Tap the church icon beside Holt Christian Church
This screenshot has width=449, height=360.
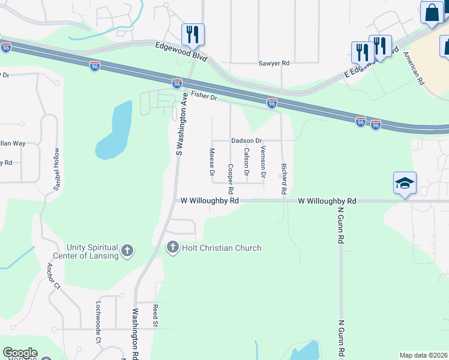[x=173, y=247]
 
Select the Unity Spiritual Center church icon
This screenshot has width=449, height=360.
[x=127, y=251]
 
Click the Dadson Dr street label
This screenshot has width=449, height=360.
[x=247, y=140]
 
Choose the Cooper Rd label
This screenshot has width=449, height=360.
[x=231, y=173]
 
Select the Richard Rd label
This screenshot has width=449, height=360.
[x=283, y=178]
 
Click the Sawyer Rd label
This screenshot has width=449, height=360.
[x=274, y=63]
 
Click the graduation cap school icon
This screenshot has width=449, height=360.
[x=405, y=183]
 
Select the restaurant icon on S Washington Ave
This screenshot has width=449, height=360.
[x=193, y=34]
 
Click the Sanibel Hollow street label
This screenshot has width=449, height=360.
[x=56, y=170]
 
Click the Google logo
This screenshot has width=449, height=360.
[x=20, y=353]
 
